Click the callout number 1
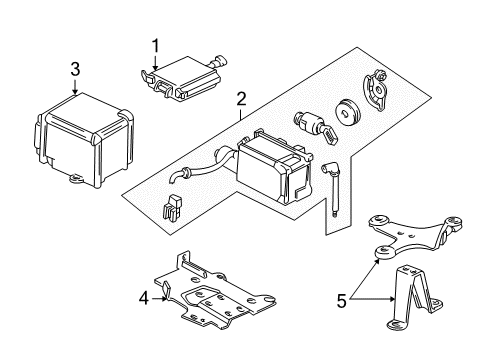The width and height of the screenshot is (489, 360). [x=155, y=45]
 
